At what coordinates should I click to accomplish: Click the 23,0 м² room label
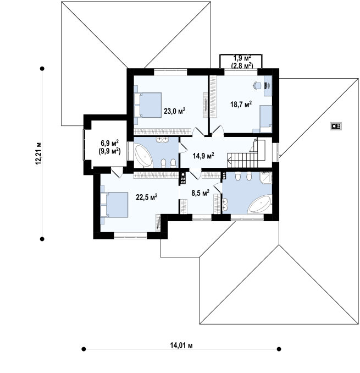click(x=175, y=111)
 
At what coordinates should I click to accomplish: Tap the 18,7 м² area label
click(x=241, y=104)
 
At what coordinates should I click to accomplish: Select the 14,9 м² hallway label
click(x=203, y=156)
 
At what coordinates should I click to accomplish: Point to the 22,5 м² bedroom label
click(x=146, y=197)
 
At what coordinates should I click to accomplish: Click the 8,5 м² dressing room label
click(x=200, y=193)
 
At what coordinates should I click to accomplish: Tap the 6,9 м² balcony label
click(x=109, y=143)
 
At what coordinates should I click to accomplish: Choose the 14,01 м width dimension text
click(x=181, y=345)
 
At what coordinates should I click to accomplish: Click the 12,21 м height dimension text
click(x=38, y=153)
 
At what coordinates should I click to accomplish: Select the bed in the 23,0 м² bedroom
click(x=148, y=105)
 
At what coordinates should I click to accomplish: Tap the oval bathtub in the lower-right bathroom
click(x=261, y=204)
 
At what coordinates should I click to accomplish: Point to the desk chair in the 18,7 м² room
click(x=257, y=85)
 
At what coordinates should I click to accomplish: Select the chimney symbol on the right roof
click(x=336, y=125)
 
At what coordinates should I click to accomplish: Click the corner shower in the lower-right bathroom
click(x=266, y=178)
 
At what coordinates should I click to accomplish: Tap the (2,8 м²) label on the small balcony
click(x=242, y=65)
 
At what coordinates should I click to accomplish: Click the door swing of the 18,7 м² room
click(x=218, y=130)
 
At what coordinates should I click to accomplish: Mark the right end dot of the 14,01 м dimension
click(x=279, y=349)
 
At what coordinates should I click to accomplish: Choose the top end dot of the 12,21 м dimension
click(x=42, y=69)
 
